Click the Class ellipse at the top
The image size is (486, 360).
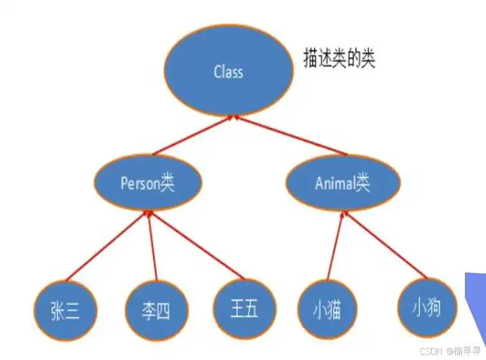pos(229,70)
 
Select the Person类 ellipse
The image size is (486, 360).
pos(148,183)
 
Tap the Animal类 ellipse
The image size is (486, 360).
pos(343,183)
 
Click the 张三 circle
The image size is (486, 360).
pos(65,311)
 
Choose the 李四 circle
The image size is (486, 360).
pos(157,311)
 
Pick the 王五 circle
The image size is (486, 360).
pos(245,309)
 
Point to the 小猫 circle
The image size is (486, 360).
pos(327,309)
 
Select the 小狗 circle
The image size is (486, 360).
pos(427,308)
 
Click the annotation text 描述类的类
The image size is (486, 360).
pos(339,58)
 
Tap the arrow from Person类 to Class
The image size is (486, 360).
pos(192,135)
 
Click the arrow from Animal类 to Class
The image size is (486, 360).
pos(290,135)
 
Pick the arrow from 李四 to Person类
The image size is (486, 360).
pos(152,246)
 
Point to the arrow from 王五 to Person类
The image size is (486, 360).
pos(197,245)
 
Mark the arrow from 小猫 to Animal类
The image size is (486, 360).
pos(336,245)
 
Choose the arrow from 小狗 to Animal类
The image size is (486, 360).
pos(385,244)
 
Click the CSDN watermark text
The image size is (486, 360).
pos(450,351)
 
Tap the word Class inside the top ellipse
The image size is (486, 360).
pos(228,71)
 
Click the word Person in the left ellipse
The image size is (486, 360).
pos(140,183)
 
